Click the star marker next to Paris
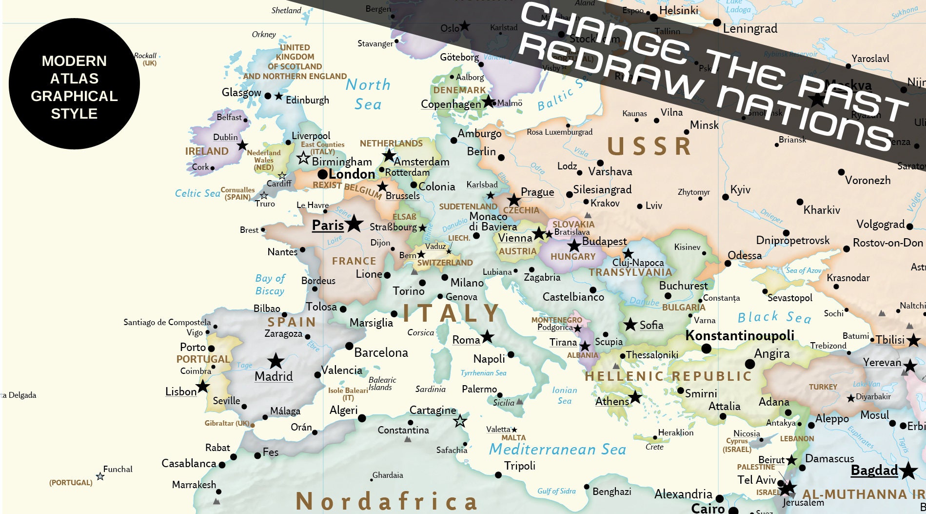(x=354, y=224)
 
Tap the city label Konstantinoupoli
(x=739, y=335)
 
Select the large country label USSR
(x=649, y=146)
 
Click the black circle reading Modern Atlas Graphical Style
(x=74, y=84)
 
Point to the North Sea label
(x=368, y=94)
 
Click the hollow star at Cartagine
(x=460, y=421)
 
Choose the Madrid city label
(x=274, y=376)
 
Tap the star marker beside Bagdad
(x=908, y=471)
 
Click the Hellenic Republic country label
(x=668, y=376)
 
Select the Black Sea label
(x=774, y=317)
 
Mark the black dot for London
(x=322, y=174)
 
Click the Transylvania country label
(x=630, y=272)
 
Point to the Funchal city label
(x=118, y=469)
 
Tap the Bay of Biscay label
(x=270, y=285)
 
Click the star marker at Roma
(x=487, y=336)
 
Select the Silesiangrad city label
(x=602, y=189)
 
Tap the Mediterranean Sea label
(x=557, y=449)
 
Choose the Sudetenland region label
(x=468, y=206)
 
